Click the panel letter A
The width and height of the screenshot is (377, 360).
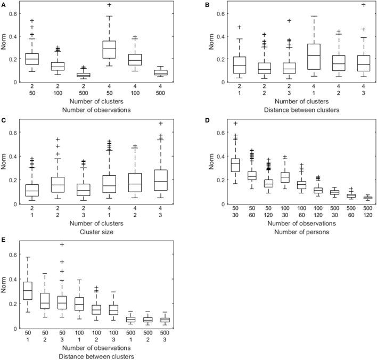coord(4,4)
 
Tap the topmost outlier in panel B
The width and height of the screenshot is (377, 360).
coord(364,5)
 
